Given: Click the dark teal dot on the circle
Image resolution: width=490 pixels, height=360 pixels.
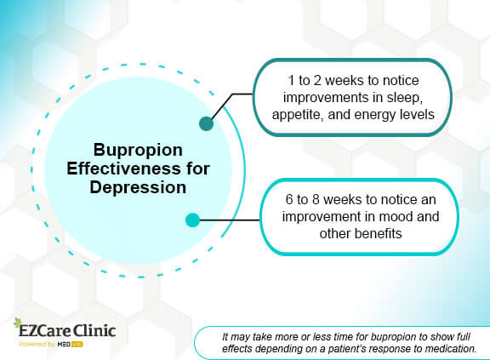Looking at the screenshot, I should (205, 124).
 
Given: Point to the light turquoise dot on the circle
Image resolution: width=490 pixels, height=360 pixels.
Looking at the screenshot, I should (192, 220).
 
